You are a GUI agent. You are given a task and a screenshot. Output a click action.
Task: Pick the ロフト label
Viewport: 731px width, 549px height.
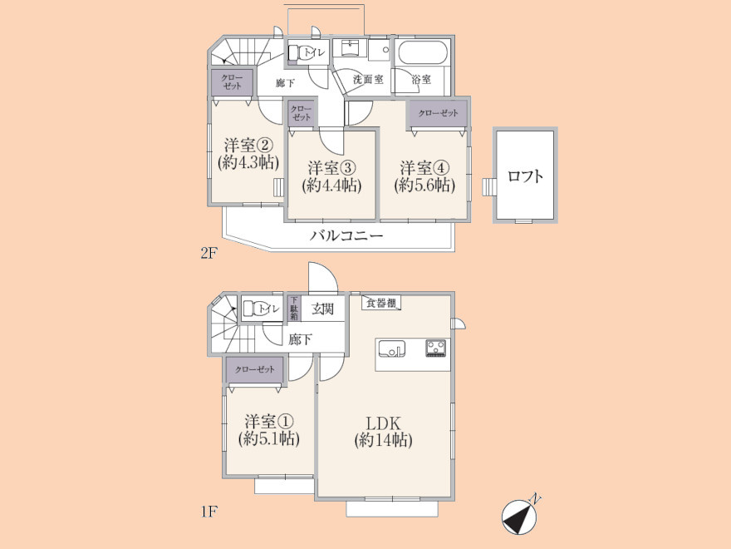click(525, 176)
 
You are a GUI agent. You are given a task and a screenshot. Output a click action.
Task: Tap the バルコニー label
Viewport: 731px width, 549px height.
click(346, 235)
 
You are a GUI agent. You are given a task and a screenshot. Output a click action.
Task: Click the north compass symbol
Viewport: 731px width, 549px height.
click(520, 516)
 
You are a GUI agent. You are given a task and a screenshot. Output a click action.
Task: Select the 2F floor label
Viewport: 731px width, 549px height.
click(209, 253)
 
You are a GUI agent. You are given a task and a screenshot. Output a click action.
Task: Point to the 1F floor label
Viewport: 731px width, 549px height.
click(209, 512)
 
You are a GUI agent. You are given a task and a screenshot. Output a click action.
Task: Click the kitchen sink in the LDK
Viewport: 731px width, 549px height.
click(391, 349)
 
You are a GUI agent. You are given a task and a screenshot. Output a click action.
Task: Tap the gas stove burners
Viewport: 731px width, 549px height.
click(436, 349)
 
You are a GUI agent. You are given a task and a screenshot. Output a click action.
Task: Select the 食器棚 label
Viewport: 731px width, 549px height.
click(382, 303)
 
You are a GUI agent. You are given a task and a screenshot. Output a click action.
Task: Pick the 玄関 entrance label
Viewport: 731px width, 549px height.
click(322, 309)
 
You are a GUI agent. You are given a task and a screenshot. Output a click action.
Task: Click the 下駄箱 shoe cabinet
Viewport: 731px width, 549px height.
click(294, 308)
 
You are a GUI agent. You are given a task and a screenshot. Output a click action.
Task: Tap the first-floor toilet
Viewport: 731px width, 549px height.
click(261, 309)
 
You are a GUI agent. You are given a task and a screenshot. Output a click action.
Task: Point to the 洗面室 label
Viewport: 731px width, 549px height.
click(368, 79)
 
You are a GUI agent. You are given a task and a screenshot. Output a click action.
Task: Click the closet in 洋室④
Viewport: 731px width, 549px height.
click(439, 112)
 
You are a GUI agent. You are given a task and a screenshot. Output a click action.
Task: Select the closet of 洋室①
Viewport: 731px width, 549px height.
click(254, 369)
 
